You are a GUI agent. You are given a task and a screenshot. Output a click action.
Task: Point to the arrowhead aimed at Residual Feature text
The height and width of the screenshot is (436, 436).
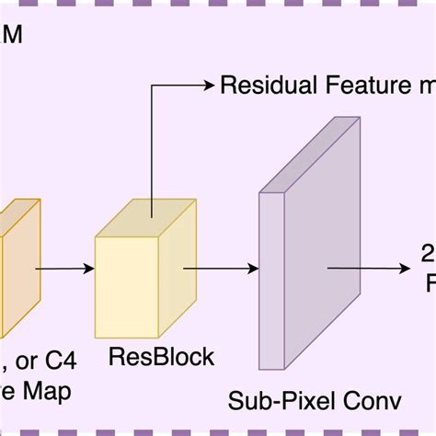pyautogui.click(x=208, y=86)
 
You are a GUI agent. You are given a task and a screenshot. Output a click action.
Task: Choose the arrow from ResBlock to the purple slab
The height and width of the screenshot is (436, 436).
pyautogui.click(x=221, y=269)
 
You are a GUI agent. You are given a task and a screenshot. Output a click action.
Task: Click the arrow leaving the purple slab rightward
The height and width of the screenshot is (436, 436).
pyautogui.click(x=368, y=269)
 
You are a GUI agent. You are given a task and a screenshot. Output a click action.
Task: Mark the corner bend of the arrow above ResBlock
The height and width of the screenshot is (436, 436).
pyautogui.click(x=151, y=86)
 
